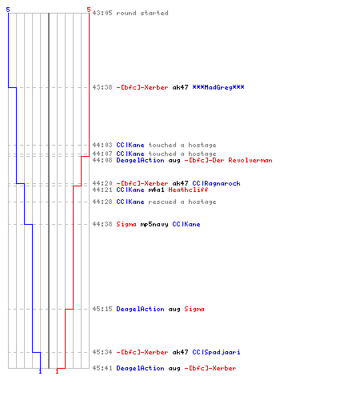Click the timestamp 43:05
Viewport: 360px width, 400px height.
point(102,13)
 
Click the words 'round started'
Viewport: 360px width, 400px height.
point(142,13)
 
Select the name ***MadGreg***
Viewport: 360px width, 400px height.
point(218,87)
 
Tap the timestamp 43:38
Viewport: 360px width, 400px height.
point(102,87)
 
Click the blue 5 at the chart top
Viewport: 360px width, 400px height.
point(8,10)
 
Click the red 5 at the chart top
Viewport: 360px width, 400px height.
point(89,10)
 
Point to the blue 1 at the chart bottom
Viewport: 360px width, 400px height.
point(40,371)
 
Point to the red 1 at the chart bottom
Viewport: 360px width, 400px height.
point(57,371)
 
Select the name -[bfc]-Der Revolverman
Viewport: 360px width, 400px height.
point(228,160)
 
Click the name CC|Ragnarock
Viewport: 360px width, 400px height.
point(216,183)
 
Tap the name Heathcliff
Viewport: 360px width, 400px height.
point(188,190)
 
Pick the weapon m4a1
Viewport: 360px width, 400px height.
point(156,190)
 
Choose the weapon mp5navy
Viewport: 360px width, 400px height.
point(154,224)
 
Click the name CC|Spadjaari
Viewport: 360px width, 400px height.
point(216,352)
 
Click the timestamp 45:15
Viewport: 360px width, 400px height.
point(102,309)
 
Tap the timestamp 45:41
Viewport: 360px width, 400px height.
point(102,368)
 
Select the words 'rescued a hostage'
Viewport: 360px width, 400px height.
point(182,202)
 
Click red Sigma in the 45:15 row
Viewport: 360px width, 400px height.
point(194,309)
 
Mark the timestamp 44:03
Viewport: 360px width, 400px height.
point(102,145)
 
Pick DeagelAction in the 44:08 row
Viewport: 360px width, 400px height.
point(140,160)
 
